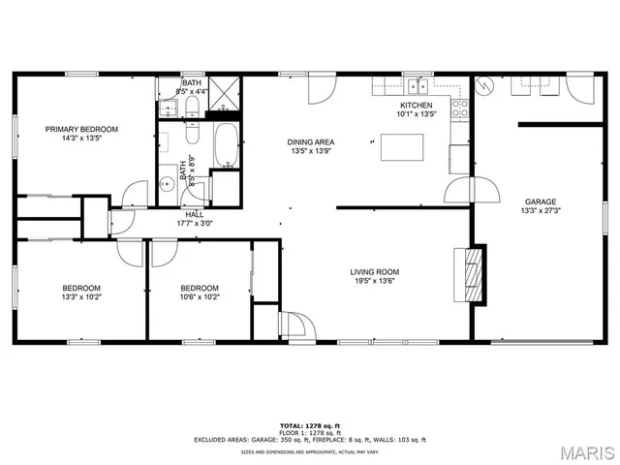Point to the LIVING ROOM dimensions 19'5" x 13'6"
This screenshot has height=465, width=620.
point(375,283)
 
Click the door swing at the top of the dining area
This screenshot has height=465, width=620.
point(320,91)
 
